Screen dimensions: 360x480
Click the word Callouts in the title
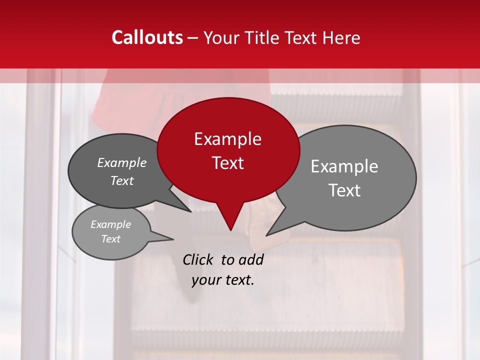point(147,37)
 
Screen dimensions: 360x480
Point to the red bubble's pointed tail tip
point(230,230)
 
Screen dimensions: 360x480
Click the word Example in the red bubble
point(227,139)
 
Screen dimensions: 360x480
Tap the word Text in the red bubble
point(227,163)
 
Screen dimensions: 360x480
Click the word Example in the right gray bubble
point(344,166)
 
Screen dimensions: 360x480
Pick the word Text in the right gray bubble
point(344,190)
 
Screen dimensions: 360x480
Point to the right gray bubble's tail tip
point(266,235)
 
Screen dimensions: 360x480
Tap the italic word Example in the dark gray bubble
point(122,162)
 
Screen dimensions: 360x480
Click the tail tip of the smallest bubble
point(173,239)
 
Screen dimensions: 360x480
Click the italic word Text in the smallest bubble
point(110,239)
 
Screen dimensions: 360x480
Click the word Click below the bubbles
point(198,259)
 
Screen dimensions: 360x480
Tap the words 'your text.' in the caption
point(223,280)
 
